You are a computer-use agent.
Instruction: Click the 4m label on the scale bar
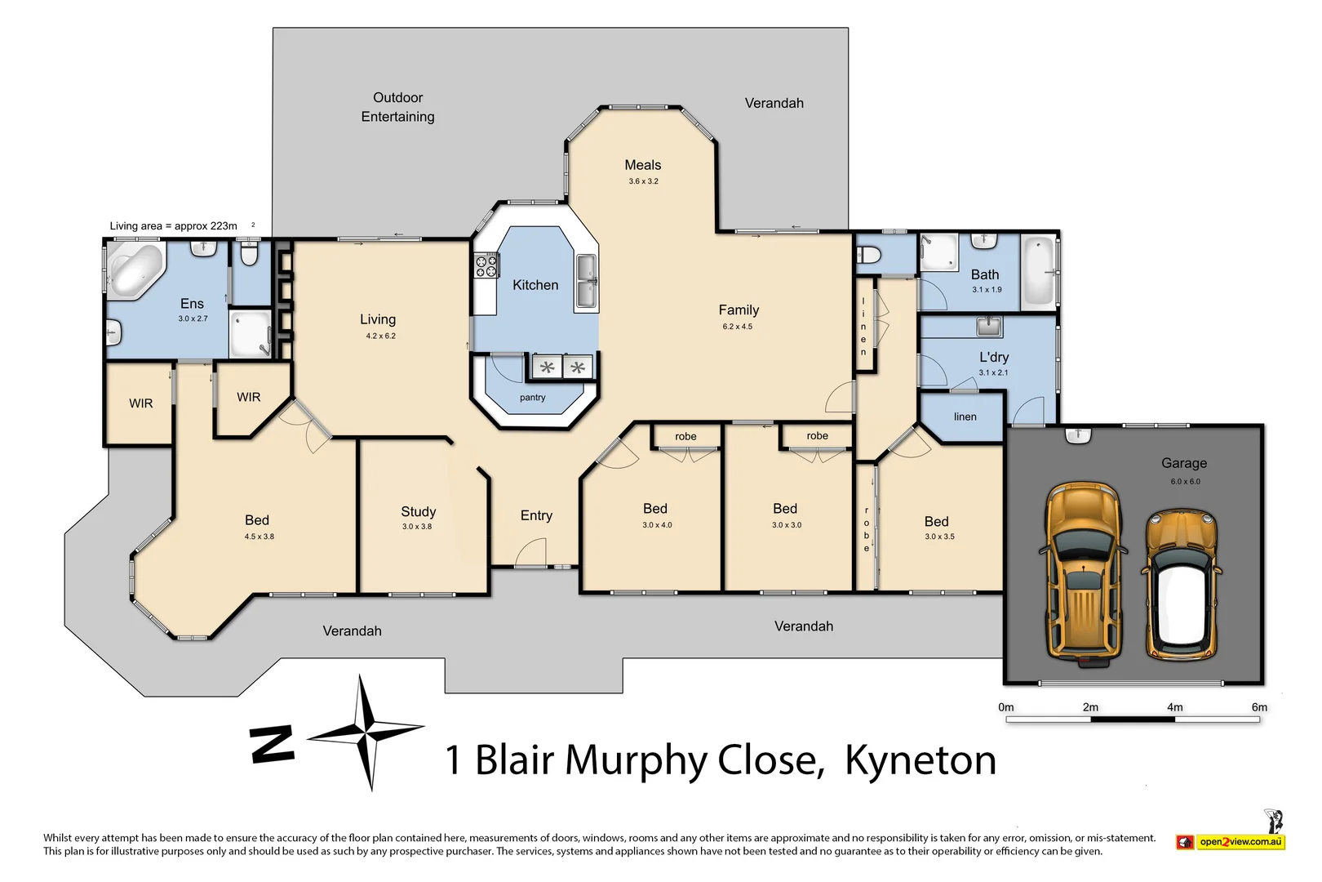[x=1174, y=707]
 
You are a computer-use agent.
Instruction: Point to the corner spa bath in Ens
[x=135, y=269]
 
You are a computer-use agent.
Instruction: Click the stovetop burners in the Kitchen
[x=486, y=265]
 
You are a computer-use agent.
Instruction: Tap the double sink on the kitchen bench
[x=586, y=282]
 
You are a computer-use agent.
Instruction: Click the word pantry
[x=532, y=398]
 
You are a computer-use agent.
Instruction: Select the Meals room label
[x=642, y=165]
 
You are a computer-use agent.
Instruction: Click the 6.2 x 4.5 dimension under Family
[x=737, y=327]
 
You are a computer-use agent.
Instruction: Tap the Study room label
[x=418, y=512]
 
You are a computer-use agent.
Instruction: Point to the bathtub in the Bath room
[x=1039, y=270]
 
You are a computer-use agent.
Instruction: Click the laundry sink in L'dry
[x=989, y=327]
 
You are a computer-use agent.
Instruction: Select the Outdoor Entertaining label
[x=397, y=107]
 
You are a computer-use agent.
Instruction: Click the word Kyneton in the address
[x=920, y=760]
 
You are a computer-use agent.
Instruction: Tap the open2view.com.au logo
[x=1232, y=841]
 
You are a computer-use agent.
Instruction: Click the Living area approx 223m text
[x=174, y=226]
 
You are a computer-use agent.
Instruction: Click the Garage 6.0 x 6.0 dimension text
[x=1185, y=482]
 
